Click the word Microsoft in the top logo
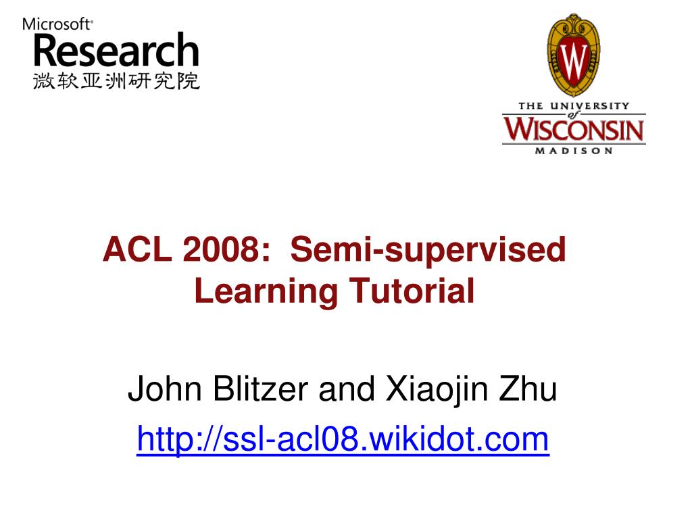tap(57, 24)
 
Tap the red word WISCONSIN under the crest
tap(573, 129)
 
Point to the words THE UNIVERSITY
tap(573, 105)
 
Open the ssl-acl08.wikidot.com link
tap(343, 440)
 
